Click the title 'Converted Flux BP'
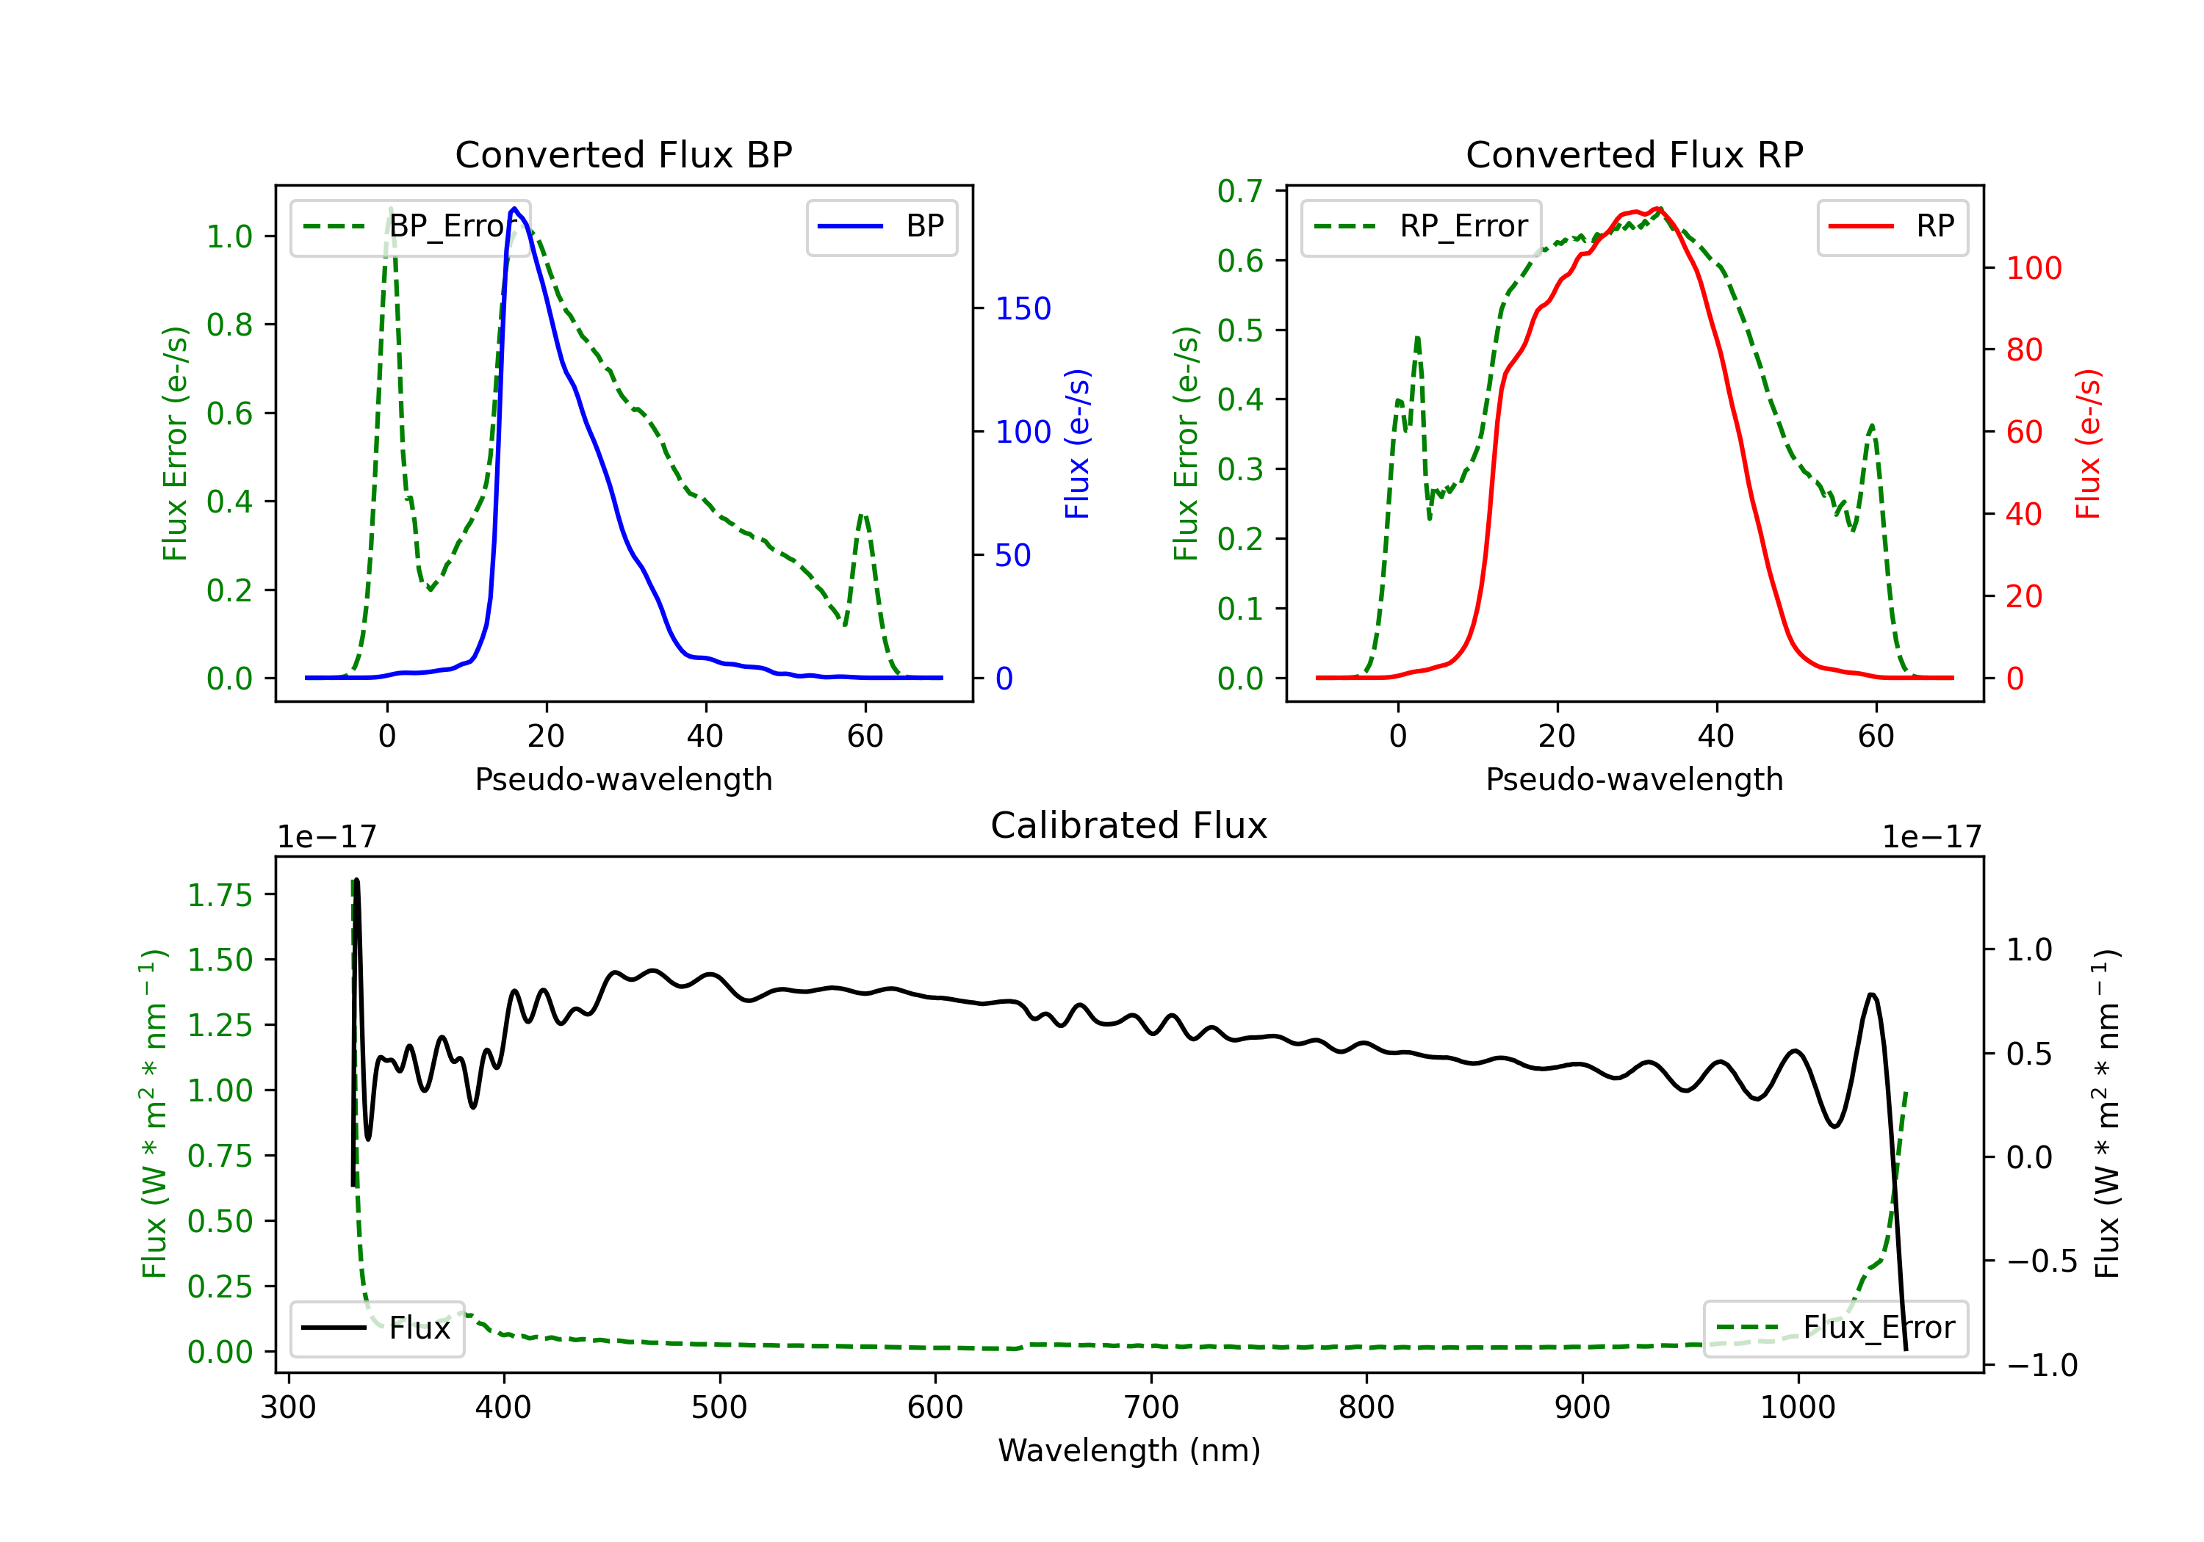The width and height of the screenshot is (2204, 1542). [623, 154]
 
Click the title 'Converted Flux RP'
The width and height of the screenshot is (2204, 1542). [1634, 154]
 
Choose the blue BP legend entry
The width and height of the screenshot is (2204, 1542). [881, 226]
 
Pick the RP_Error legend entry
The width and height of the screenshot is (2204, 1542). [1421, 226]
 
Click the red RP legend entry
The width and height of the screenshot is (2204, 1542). [1892, 226]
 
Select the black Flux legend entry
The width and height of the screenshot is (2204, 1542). [376, 1328]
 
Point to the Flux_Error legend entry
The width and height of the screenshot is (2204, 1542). [1835, 1328]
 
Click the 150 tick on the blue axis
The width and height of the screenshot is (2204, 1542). [1023, 308]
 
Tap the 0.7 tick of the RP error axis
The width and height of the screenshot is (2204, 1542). [1239, 191]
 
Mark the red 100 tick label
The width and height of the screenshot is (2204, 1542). [2033, 268]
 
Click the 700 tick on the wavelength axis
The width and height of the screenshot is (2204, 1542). [1151, 1407]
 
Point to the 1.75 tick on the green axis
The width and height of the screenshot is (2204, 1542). [219, 895]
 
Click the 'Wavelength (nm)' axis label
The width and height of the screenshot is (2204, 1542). [1129, 1450]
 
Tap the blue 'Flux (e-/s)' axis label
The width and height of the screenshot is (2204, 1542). [1077, 444]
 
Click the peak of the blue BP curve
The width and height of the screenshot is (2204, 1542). [514, 209]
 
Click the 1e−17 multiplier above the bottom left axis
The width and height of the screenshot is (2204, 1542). [326, 837]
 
